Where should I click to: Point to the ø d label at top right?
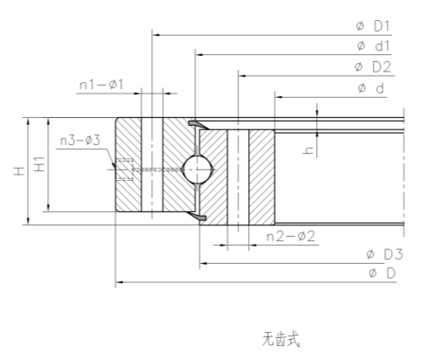[371, 87]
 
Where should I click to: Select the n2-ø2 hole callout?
[289, 237]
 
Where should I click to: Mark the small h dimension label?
[308, 150]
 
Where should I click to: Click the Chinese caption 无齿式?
[279, 337]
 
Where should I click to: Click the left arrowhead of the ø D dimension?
[119, 282]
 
